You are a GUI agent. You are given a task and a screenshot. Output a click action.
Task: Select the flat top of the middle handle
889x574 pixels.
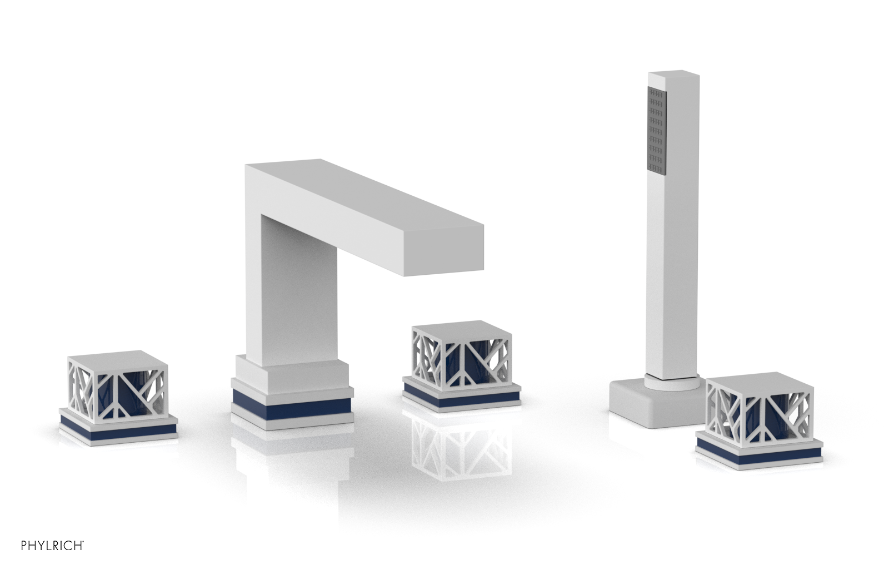click(462, 328)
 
